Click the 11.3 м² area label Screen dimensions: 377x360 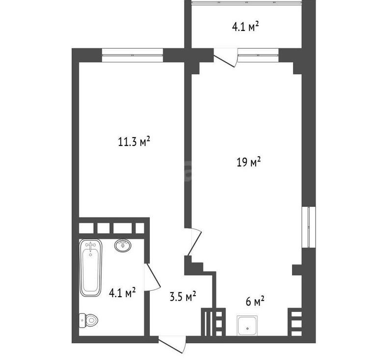(x=134, y=141)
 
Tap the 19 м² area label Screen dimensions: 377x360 (x=248, y=162)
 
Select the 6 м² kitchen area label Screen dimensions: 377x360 (x=255, y=301)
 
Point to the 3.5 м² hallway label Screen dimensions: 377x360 (x=183, y=296)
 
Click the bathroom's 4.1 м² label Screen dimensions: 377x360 (x=122, y=293)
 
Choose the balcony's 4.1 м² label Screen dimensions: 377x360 (x=245, y=27)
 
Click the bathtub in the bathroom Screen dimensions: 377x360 (x=91, y=267)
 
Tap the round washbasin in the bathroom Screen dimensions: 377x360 (x=123, y=245)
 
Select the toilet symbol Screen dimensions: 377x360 (x=88, y=320)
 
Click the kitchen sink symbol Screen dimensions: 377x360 (x=247, y=325)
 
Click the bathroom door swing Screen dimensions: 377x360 (x=152, y=277)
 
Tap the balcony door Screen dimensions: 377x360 (x=225, y=58)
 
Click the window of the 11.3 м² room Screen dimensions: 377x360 (x=133, y=55)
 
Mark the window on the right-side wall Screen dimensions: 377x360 (x=309, y=227)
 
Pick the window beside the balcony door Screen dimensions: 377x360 (x=258, y=55)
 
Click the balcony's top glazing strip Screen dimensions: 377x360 (x=246, y=2)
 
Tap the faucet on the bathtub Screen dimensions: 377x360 (x=90, y=246)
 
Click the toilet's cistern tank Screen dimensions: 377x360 (x=82, y=320)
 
